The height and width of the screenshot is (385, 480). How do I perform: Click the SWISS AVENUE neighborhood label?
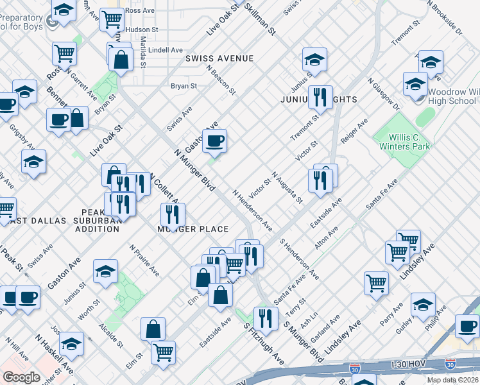coord(219,58)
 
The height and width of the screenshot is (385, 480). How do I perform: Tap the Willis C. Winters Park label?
coord(410,142)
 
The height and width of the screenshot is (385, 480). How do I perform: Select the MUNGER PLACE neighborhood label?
coord(193,229)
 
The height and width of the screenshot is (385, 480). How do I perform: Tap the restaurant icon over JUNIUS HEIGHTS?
coord(320,98)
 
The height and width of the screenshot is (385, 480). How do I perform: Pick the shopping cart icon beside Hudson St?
coord(112,21)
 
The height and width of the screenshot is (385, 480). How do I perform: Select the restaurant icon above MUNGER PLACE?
coord(172,214)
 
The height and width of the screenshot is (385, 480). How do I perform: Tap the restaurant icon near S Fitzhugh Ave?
coord(265,318)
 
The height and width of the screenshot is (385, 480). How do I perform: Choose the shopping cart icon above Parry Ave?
coord(376,283)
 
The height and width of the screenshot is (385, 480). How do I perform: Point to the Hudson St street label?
coord(142,30)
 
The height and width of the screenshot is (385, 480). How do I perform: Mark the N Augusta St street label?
coord(287,187)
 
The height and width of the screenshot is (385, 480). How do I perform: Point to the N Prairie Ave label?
coord(144,260)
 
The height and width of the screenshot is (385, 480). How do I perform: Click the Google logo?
coord(22,377)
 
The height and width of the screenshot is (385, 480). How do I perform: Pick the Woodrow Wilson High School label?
coord(452,96)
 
